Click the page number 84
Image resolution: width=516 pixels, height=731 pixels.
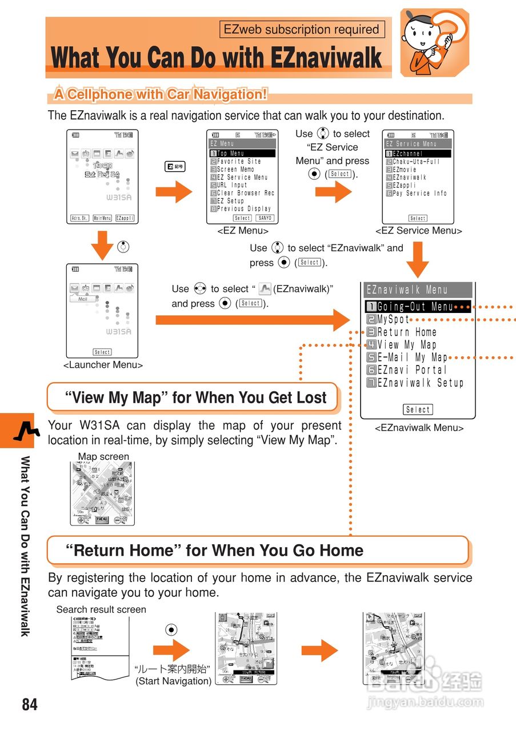tap(30, 704)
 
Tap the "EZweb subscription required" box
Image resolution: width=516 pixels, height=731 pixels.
tap(302, 30)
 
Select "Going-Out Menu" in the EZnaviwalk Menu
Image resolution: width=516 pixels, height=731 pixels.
tap(415, 307)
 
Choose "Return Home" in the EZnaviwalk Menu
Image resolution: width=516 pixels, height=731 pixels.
tap(407, 332)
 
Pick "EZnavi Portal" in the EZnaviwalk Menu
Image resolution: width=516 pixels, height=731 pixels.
tap(411, 370)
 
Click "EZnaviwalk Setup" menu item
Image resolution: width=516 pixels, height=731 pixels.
tap(420, 383)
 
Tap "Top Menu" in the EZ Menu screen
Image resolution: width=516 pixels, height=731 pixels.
tap(230, 154)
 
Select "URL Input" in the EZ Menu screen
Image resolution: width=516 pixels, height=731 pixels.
tap(231, 185)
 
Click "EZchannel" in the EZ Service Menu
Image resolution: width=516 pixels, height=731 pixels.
tap(407, 154)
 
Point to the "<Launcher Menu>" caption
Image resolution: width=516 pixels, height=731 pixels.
tap(103, 365)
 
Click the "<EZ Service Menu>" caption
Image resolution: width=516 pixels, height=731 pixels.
tap(419, 231)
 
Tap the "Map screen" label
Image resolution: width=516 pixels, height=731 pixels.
tap(103, 456)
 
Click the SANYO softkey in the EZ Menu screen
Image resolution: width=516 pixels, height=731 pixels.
tap(265, 218)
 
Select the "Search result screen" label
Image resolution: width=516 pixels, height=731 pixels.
tap(101, 609)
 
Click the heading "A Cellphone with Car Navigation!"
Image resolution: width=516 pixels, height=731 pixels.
tap(161, 94)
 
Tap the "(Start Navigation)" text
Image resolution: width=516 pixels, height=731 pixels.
tap(174, 681)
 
